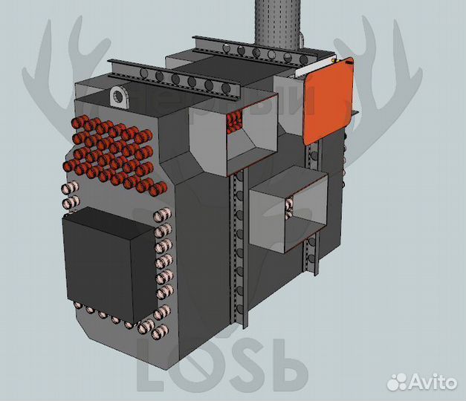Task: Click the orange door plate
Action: point(327,101)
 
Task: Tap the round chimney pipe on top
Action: point(276,22)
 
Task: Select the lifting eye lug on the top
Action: point(120,96)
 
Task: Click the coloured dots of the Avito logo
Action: point(400,382)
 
